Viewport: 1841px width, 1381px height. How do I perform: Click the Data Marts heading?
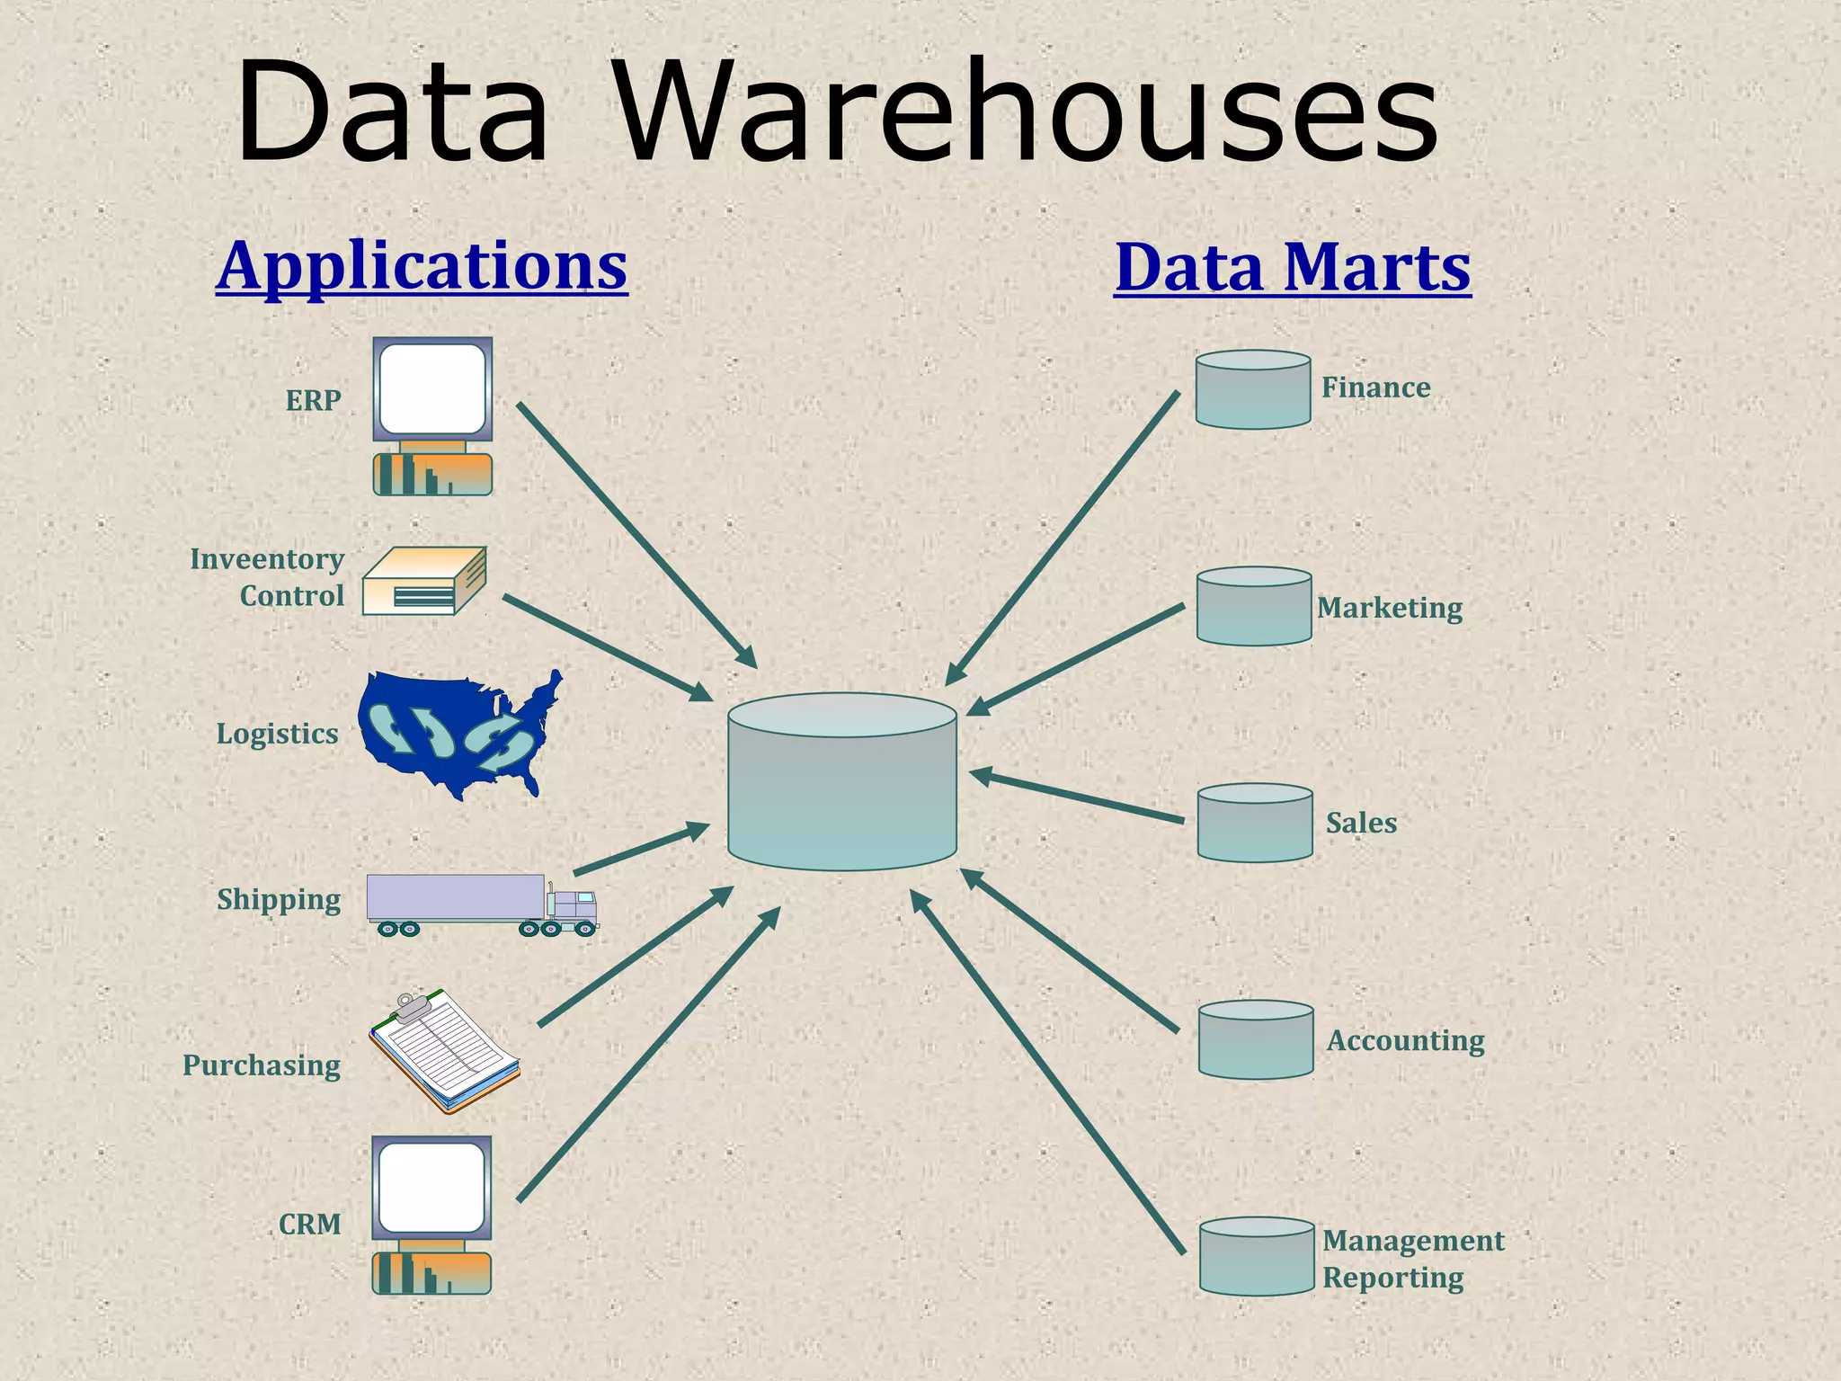tap(1292, 267)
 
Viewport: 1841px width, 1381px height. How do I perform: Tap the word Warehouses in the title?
tap(1027, 112)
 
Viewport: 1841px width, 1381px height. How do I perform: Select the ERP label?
tap(313, 400)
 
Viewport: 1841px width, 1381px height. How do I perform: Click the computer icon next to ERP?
tap(432, 415)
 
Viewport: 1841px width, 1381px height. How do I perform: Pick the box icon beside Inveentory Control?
tap(424, 581)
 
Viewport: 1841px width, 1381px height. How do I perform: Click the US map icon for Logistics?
tap(458, 732)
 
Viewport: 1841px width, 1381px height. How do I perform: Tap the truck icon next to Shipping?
tap(482, 904)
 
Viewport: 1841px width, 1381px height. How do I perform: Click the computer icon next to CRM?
tap(431, 1214)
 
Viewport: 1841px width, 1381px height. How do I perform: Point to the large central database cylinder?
tap(841, 782)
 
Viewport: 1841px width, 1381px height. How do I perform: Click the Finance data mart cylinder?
tap(1252, 389)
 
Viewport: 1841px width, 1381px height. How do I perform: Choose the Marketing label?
tap(1390, 609)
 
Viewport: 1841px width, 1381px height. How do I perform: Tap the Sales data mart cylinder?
tap(1255, 823)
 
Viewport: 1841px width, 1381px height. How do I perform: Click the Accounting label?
tap(1406, 1040)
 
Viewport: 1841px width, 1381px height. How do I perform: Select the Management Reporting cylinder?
tap(1257, 1256)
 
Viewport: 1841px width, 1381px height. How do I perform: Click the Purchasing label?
tap(262, 1065)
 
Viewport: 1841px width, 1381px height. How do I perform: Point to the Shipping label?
tap(279, 900)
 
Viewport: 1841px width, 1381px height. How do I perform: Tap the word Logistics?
tap(277, 735)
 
